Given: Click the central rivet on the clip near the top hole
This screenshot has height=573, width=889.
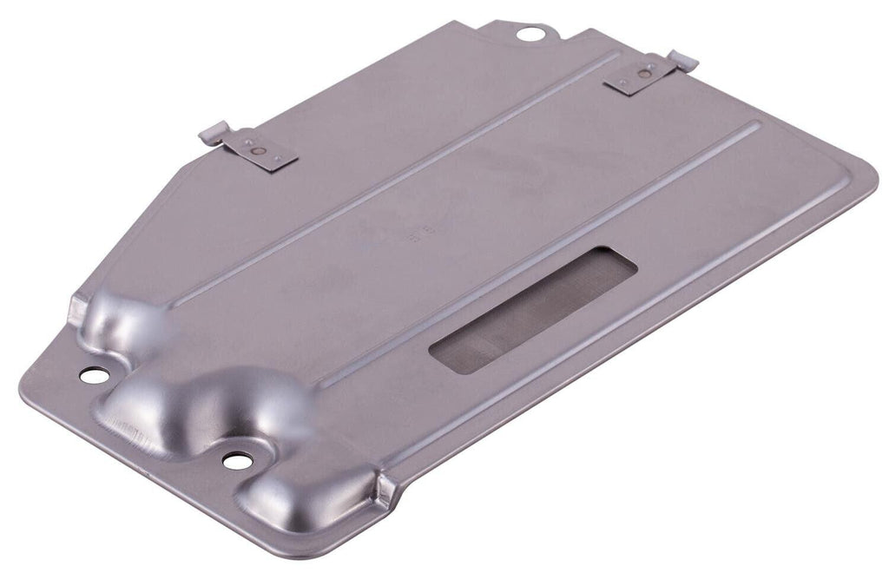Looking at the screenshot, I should click(643, 76).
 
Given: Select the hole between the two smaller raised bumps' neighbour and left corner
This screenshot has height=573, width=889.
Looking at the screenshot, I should click(94, 375).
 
